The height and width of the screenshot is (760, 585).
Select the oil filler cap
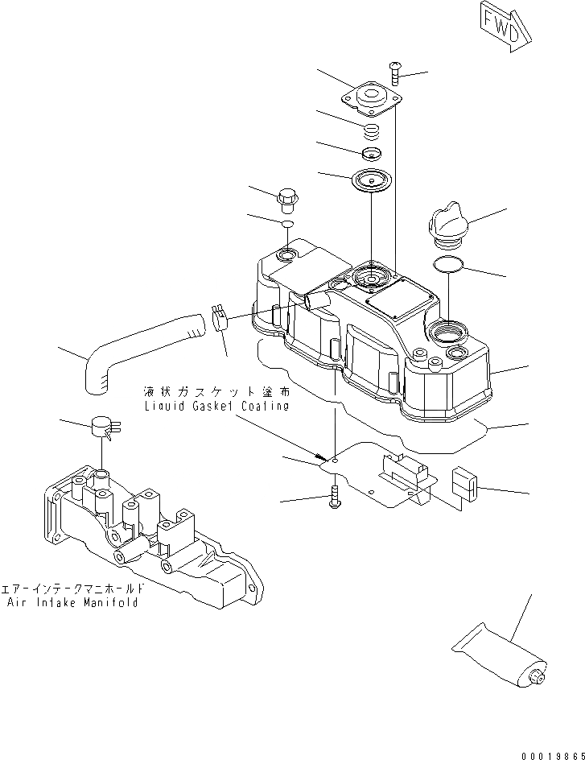click(446, 225)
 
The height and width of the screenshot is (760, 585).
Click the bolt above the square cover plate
click(396, 73)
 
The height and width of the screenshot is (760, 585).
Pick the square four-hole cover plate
click(373, 101)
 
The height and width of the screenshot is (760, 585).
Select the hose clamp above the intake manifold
click(103, 427)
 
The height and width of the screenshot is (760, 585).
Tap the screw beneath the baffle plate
click(335, 499)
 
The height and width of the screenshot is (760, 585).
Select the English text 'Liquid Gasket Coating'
click(216, 407)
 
